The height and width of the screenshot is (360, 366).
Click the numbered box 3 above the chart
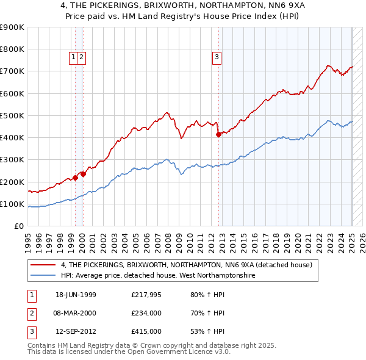(217, 58)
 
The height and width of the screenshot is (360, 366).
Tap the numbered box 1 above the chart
(73, 58)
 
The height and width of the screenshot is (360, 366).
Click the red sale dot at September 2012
(218, 135)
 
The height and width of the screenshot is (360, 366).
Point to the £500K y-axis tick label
(13, 115)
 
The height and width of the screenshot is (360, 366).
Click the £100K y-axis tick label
(13, 204)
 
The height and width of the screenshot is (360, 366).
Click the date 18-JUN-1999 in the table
(76, 295)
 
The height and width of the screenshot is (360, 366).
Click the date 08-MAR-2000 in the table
(76, 313)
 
